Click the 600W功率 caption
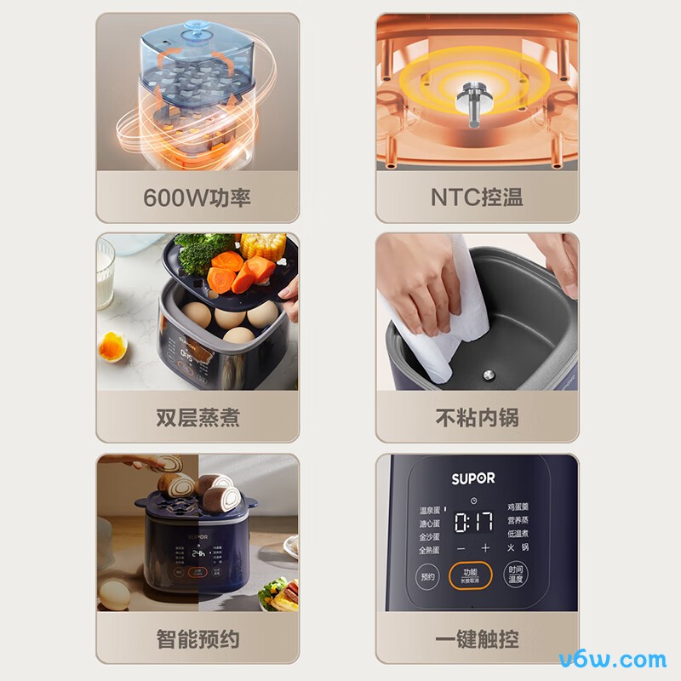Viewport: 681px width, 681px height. [x=197, y=197]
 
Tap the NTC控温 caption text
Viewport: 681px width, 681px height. [x=477, y=197]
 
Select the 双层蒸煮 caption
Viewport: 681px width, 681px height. [x=197, y=418]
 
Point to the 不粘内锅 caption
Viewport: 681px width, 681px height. [x=477, y=418]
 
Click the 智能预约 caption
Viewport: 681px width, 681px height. [x=197, y=638]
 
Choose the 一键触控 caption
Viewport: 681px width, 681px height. [x=477, y=638]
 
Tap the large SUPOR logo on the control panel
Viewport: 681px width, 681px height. [x=472, y=478]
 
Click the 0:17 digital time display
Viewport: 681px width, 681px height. [x=473, y=522]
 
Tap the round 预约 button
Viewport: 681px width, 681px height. [x=427, y=576]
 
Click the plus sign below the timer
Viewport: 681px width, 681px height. [x=486, y=548]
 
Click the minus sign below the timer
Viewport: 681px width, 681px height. [x=461, y=548]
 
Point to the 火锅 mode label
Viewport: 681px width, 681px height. [x=518, y=547]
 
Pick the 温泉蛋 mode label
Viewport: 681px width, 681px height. [x=430, y=511]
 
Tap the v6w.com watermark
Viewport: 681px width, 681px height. [x=613, y=659]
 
